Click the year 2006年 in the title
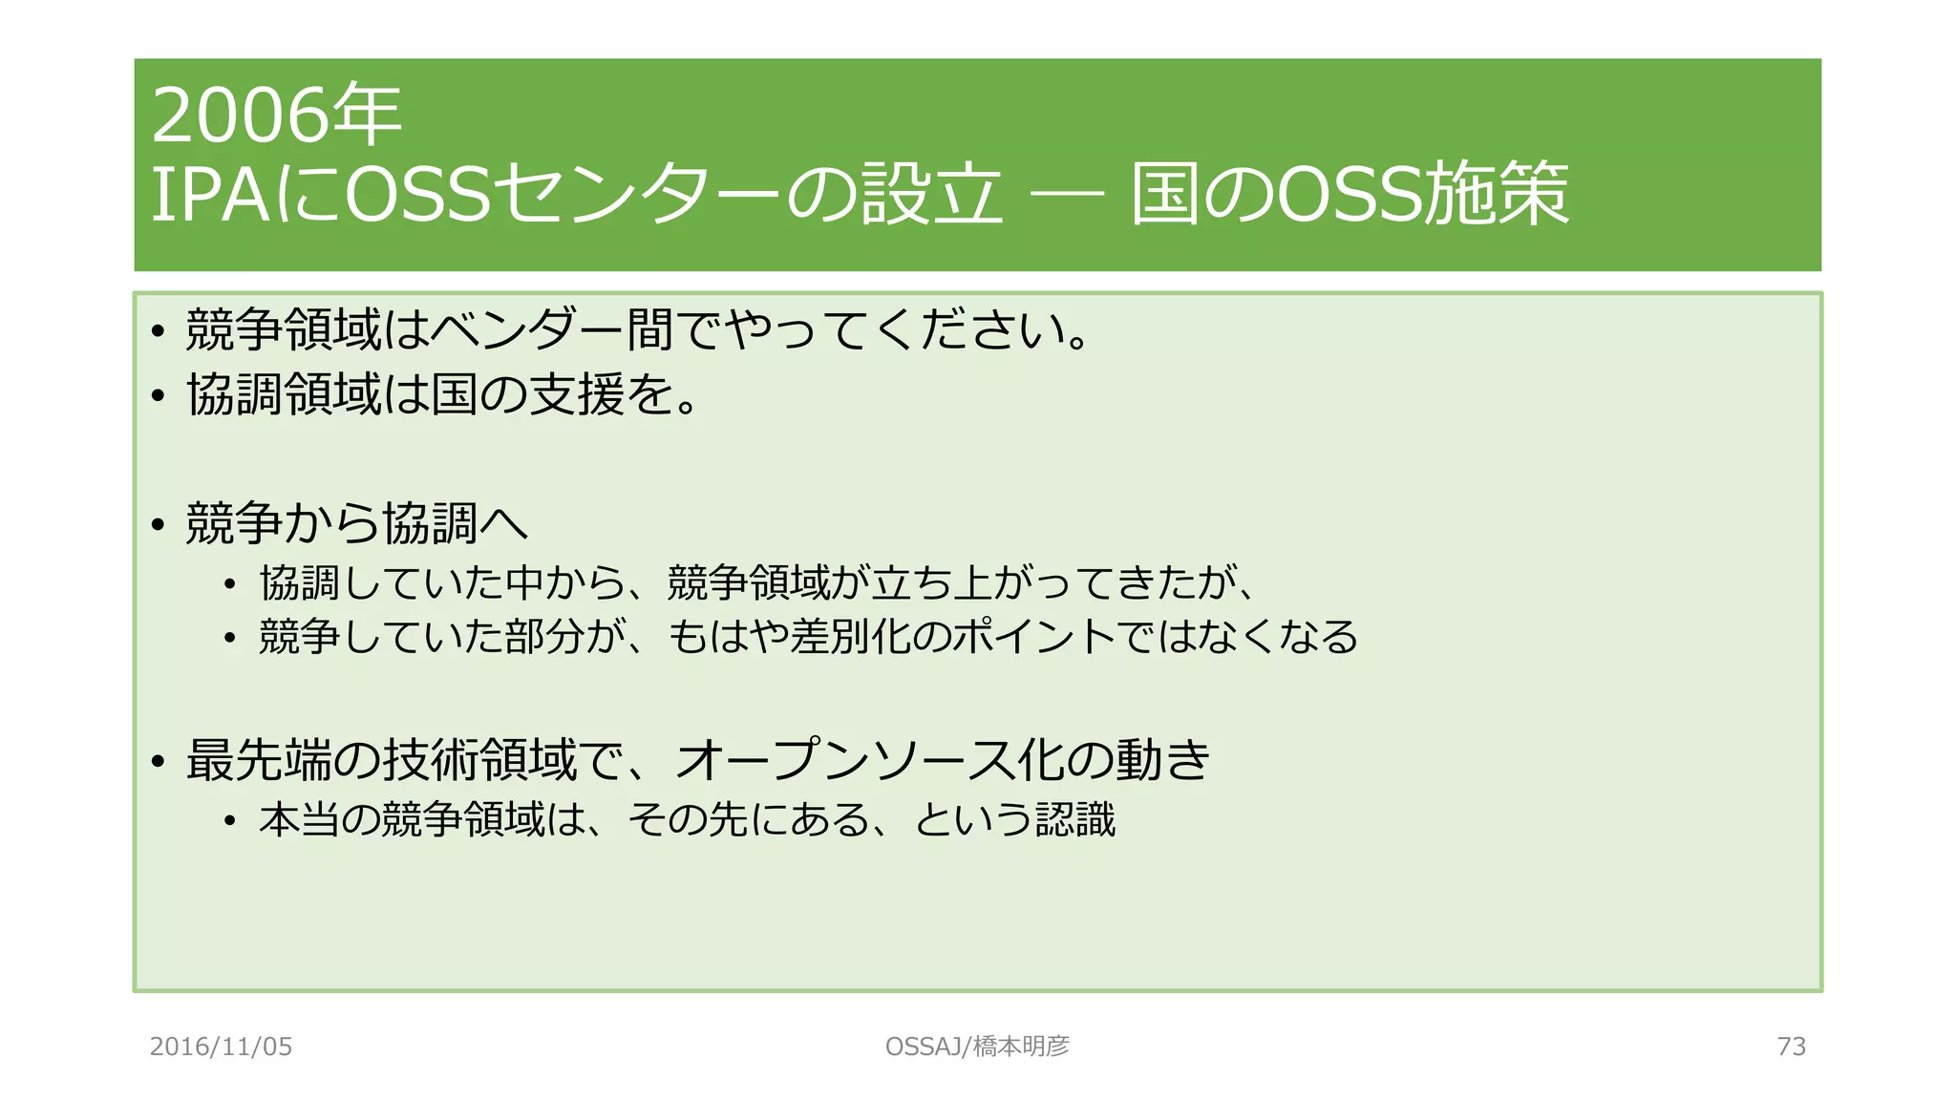coord(276,116)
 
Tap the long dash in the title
coord(1067,195)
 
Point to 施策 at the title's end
coord(1496,195)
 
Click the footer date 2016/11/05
coord(221,1047)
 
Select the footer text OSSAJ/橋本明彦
coord(977,1047)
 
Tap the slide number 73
coord(1791,1047)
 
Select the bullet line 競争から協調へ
coord(356,523)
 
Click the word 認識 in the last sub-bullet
coord(1075,820)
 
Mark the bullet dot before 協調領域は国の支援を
coord(159,395)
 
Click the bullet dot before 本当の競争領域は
coord(229,821)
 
